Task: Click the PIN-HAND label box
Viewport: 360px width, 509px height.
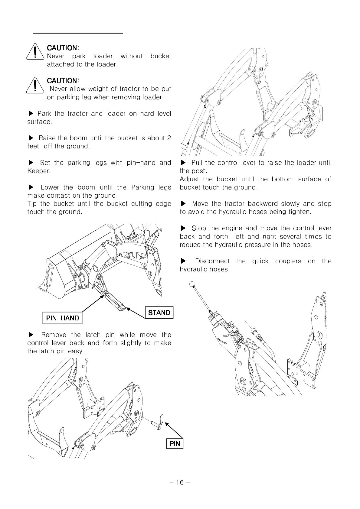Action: click(x=62, y=318)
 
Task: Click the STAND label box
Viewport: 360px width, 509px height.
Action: click(x=159, y=313)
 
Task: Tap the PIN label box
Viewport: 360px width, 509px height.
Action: click(x=175, y=443)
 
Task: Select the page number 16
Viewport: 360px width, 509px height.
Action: click(x=180, y=482)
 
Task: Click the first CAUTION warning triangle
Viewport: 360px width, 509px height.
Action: click(x=36, y=52)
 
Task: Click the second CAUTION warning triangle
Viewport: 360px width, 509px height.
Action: click(x=36, y=85)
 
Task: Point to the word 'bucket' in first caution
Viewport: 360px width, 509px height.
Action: click(x=161, y=56)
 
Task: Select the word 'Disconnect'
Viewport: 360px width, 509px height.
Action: click(x=212, y=261)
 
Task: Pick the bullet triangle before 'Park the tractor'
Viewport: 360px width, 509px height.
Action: click(x=31, y=114)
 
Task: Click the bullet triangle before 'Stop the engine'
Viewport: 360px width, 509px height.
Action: click(x=183, y=228)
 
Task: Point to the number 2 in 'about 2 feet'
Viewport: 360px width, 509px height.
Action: click(x=169, y=138)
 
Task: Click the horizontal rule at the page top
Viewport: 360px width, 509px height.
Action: click(x=78, y=33)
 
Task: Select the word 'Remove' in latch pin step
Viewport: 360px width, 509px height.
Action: click(x=54, y=335)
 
